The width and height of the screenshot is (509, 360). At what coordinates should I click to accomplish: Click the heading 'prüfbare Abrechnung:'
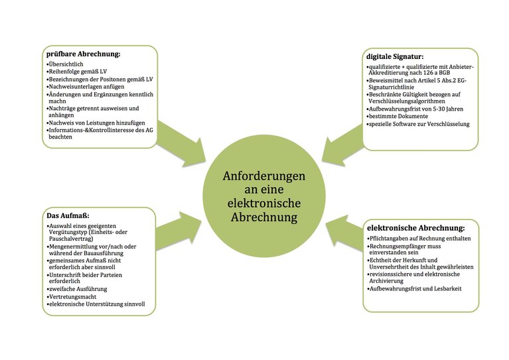pos(83,54)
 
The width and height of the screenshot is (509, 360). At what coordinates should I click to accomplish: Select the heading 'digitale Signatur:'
pos(395,56)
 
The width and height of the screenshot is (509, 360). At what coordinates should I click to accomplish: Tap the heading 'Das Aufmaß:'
pos(68,215)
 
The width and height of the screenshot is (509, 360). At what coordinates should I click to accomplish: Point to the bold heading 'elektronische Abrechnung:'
pos(416,228)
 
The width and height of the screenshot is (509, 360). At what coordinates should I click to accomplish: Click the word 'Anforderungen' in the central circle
pos(264,176)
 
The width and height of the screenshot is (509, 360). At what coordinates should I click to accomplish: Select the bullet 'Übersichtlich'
pos(65,64)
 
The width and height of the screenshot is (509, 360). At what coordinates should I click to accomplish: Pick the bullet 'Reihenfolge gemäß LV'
pos(76,72)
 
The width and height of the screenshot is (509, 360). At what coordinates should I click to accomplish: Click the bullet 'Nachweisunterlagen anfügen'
pos(86,87)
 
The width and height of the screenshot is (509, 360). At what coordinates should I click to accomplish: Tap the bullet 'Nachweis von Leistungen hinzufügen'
pos(96,123)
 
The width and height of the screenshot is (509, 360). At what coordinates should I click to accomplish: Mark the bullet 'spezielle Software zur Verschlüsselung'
pos(418,124)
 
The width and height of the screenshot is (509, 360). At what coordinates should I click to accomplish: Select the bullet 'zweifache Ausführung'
pos(77,289)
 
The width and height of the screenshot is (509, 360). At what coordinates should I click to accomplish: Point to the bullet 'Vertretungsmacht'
pos(72,297)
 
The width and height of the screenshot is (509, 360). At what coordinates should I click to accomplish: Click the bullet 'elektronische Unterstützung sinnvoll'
pos(96,304)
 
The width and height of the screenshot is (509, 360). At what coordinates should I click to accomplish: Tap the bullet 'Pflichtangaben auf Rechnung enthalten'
pos(419,239)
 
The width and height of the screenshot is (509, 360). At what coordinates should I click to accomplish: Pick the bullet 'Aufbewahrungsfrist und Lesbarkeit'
pos(415,288)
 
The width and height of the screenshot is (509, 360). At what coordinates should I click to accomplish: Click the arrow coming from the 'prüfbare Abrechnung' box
pos(182,143)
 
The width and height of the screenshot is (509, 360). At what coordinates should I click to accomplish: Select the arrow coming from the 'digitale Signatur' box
pos(342,143)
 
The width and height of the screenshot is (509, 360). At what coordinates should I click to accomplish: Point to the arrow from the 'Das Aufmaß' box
pos(179,231)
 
